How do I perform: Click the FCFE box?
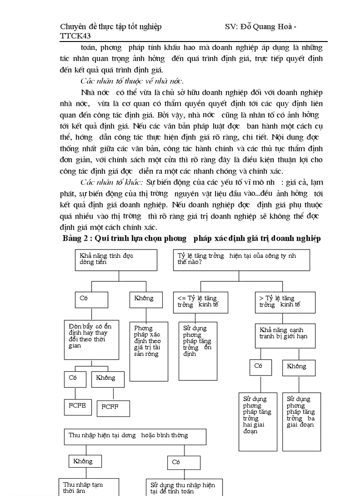[78, 405]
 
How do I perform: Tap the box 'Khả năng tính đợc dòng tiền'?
[116, 260]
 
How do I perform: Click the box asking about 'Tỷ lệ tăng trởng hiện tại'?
[241, 260]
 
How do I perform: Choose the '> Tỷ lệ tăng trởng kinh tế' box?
[285, 302]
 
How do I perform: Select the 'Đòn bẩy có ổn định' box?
[92, 340]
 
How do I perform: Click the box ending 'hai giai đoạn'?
[258, 421]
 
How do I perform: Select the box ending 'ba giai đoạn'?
[301, 421]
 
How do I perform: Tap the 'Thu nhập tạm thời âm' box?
[89, 487]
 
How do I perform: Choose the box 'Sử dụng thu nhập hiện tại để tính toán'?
[184, 487]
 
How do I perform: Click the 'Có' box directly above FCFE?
[76, 379]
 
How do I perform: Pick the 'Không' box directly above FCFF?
[108, 379]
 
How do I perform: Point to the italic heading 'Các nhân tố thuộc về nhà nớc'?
[133, 81]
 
